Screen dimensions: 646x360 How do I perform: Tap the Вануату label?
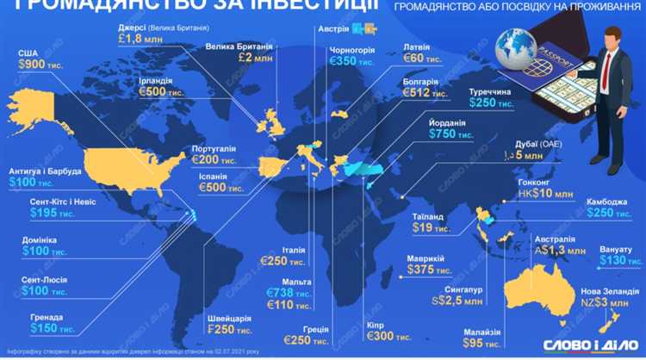[x=613, y=249]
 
